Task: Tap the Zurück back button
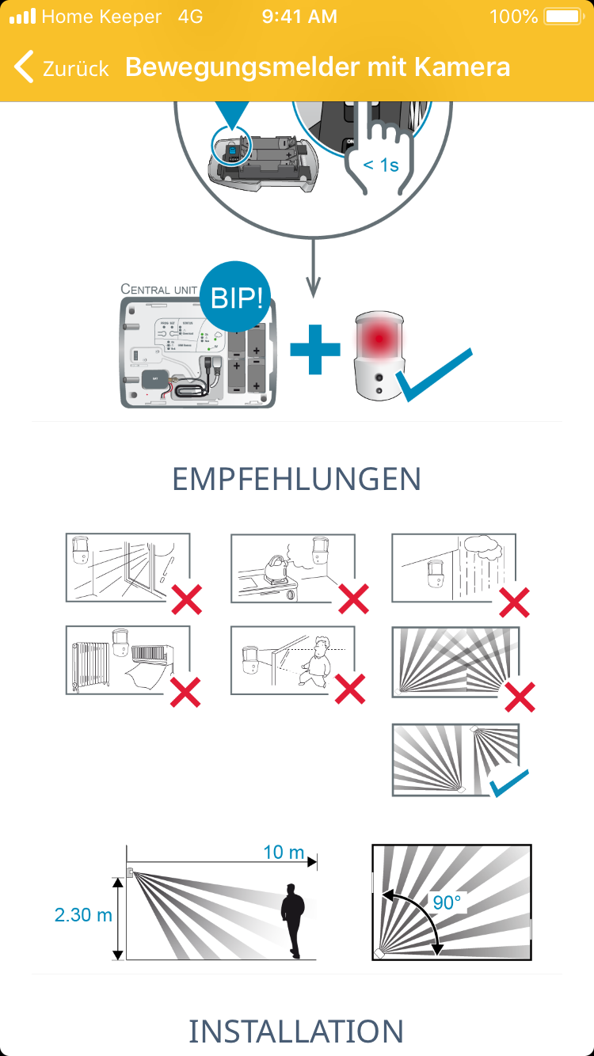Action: click(62, 68)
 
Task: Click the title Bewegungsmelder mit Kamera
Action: click(318, 67)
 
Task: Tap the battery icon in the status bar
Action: click(564, 17)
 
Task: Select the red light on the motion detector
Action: click(379, 338)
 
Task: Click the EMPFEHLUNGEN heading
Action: click(296, 479)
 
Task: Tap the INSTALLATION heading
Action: click(296, 1031)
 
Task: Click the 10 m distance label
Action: click(284, 853)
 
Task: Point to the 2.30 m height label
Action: click(83, 915)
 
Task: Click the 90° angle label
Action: click(447, 902)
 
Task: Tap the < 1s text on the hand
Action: click(381, 165)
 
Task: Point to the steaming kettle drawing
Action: click(276, 567)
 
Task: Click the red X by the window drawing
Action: click(187, 599)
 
